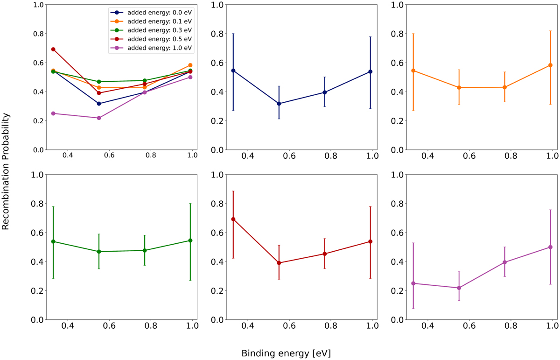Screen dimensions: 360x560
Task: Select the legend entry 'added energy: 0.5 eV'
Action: pos(157,39)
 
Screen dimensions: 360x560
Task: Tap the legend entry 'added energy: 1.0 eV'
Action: pos(157,48)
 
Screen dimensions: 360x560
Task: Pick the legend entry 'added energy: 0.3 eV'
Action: pos(157,30)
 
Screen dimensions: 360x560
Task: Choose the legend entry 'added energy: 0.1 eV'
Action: pos(157,21)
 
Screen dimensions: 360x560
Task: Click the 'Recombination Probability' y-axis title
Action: pos(6,173)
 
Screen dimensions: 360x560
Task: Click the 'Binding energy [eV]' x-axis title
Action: pos(286,353)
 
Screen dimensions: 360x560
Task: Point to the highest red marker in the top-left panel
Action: pos(53,49)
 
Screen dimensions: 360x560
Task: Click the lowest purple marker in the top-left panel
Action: pos(99,118)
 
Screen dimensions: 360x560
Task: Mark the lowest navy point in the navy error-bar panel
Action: pos(279,104)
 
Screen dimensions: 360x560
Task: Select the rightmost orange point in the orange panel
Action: pos(550,65)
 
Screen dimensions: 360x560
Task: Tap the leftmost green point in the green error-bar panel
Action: pos(53,241)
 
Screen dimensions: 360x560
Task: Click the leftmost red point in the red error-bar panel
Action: pos(233,219)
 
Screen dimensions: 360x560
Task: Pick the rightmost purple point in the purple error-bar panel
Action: pos(550,247)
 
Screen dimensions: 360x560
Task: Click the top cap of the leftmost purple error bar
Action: pos(413,243)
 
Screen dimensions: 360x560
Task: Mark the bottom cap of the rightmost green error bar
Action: pos(190,280)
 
